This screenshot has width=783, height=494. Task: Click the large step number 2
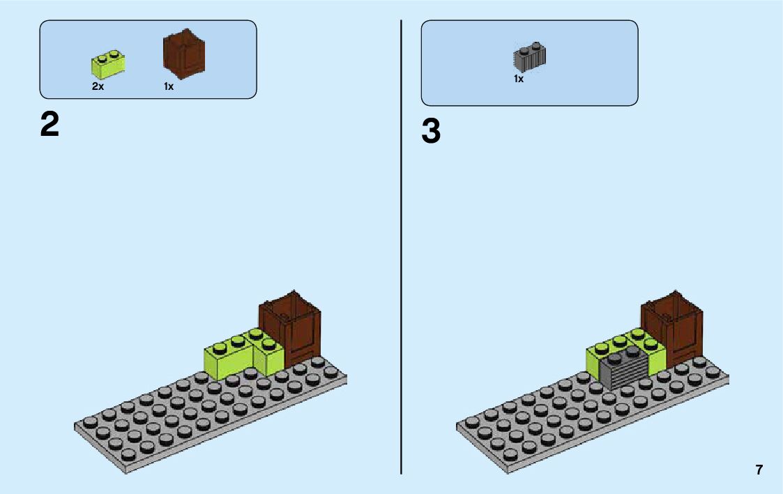point(50,125)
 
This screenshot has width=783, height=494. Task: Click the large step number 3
point(431,132)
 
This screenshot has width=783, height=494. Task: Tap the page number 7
point(759,470)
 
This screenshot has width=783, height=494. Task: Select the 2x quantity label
point(98,87)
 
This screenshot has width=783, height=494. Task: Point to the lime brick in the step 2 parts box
point(107,65)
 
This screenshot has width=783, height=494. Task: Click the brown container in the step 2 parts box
point(184,54)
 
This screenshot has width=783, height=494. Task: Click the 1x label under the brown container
point(169,87)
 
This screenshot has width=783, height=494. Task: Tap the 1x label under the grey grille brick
point(519,79)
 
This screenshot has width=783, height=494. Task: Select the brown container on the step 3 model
point(673,327)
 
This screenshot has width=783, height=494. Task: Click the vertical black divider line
point(402,244)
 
